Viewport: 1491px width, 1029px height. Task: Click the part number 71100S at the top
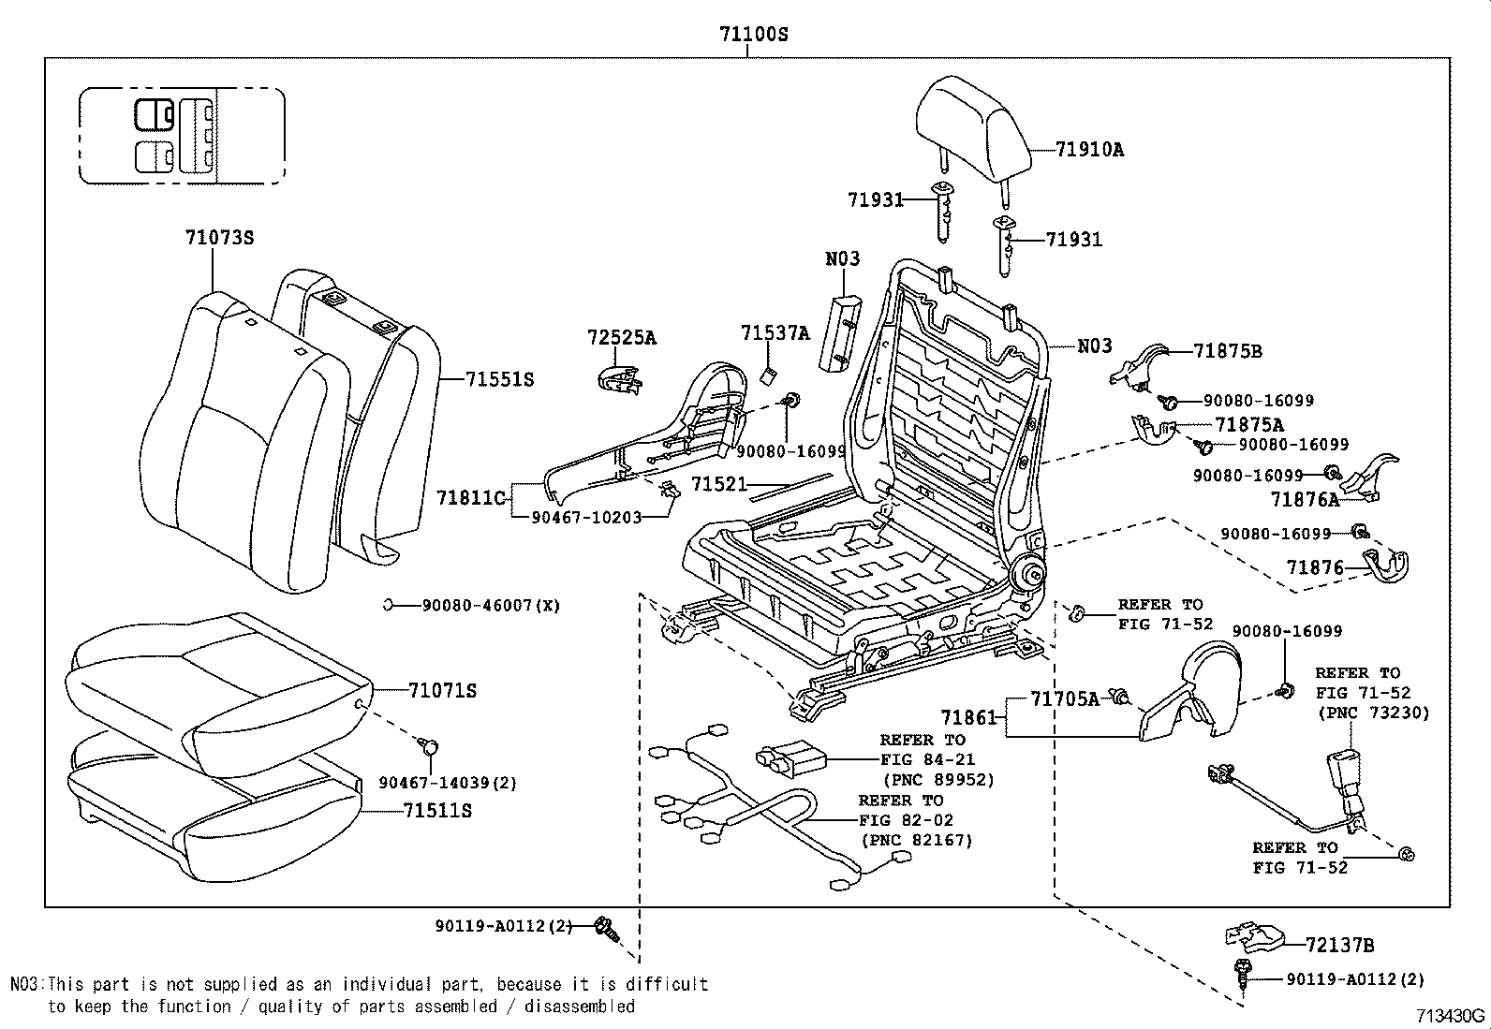tap(754, 35)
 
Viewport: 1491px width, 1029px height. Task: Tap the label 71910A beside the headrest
tap(1089, 149)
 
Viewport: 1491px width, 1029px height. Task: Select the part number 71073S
tap(219, 238)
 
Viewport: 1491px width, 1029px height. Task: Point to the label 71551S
tap(500, 379)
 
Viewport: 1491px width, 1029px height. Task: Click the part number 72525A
tap(622, 337)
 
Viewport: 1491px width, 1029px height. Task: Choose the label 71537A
tap(775, 332)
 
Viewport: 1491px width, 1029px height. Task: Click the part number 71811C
tap(471, 497)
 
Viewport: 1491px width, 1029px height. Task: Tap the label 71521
tap(719, 484)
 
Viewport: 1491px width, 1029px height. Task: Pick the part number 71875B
tap(1228, 351)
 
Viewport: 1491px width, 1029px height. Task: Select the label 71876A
tap(1305, 500)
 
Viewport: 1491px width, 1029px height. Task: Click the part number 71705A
tap(1065, 698)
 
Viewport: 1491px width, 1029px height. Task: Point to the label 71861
tap(969, 717)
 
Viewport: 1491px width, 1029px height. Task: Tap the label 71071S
tap(443, 691)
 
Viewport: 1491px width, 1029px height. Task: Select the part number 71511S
tap(437, 810)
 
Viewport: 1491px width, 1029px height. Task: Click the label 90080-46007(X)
tap(491, 606)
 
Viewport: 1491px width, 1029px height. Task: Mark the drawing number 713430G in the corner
tap(1450, 1016)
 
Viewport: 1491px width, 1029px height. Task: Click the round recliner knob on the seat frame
tap(1030, 572)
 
